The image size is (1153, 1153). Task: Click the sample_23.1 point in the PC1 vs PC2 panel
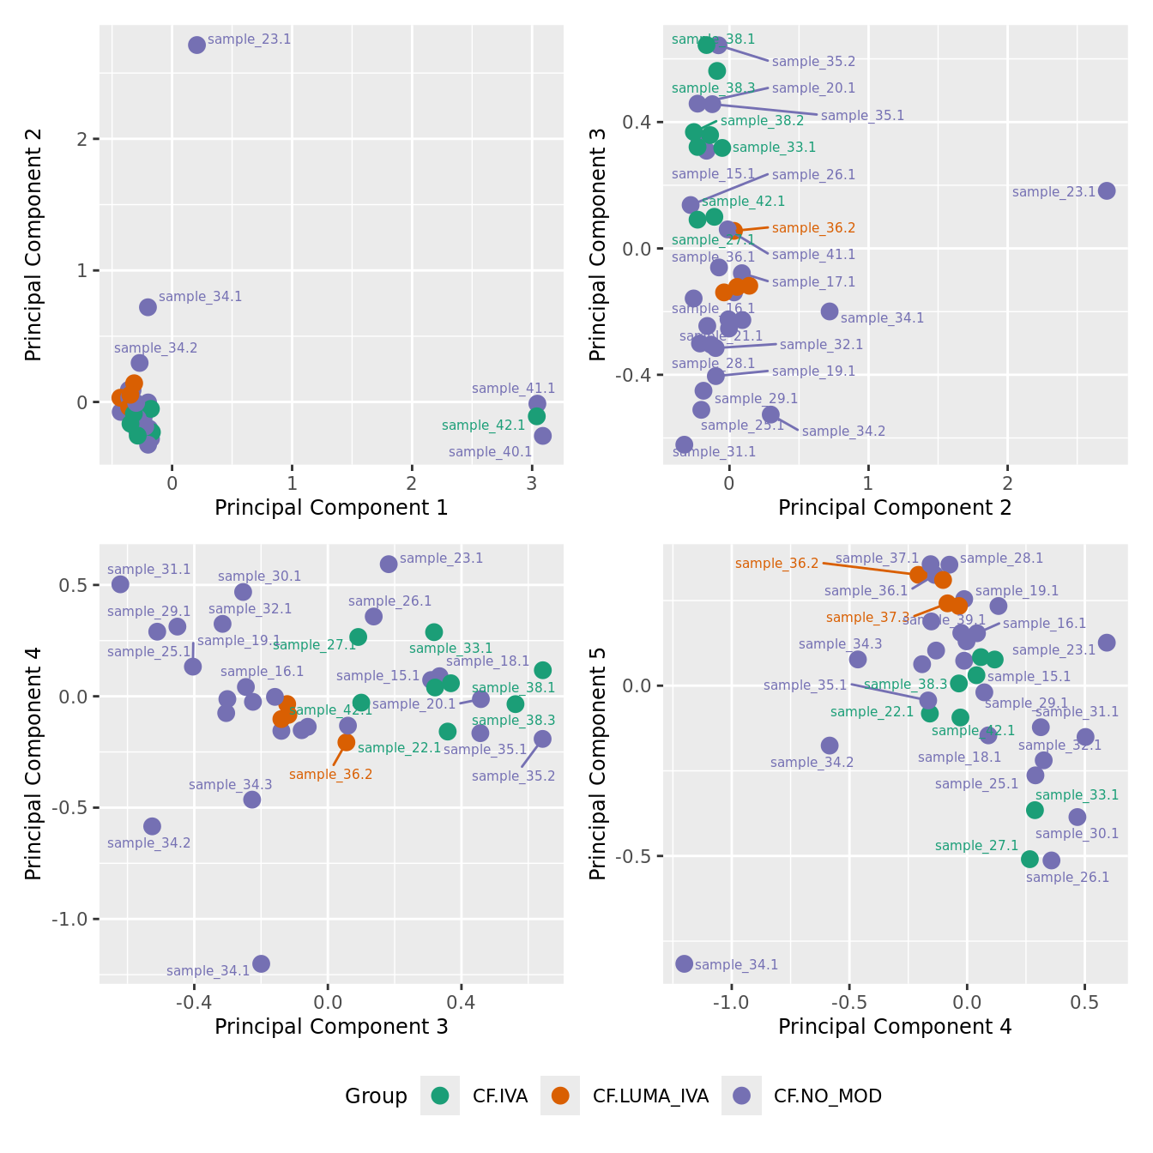pyautogui.click(x=196, y=45)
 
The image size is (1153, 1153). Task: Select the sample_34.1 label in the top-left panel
pyautogui.click(x=200, y=297)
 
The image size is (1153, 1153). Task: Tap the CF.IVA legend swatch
pyautogui.click(x=440, y=1096)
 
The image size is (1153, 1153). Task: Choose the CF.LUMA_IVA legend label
pyautogui.click(x=650, y=1096)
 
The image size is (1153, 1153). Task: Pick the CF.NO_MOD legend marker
pyautogui.click(x=741, y=1096)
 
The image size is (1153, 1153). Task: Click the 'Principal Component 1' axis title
pyautogui.click(x=331, y=507)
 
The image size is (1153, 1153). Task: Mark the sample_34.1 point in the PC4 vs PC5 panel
pyautogui.click(x=684, y=963)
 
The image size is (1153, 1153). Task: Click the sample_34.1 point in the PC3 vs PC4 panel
pyautogui.click(x=261, y=963)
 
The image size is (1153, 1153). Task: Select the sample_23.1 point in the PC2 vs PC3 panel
pyautogui.click(x=1107, y=190)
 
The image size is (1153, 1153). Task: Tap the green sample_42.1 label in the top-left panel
pyautogui.click(x=483, y=425)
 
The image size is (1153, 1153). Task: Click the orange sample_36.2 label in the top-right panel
pyautogui.click(x=813, y=228)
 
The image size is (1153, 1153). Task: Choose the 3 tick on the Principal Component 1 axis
pyautogui.click(x=532, y=483)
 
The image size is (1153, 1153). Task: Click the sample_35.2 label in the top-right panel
pyautogui.click(x=813, y=62)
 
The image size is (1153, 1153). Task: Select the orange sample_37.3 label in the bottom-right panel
pyautogui.click(x=867, y=618)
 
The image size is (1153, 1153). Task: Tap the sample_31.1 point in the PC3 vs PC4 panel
pyautogui.click(x=120, y=584)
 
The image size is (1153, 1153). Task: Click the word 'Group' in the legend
pyautogui.click(x=376, y=1096)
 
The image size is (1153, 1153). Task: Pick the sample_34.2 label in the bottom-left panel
pyautogui.click(x=149, y=843)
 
